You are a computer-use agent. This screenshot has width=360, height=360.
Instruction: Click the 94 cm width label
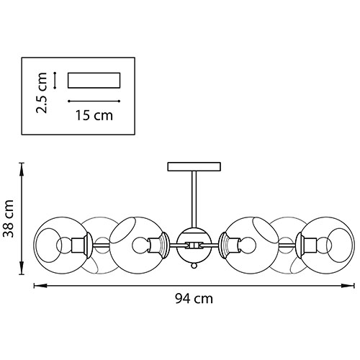point(194,299)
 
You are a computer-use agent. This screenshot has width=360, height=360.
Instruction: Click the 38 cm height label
point(9,218)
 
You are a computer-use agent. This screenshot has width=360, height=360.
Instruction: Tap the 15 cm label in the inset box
point(94,115)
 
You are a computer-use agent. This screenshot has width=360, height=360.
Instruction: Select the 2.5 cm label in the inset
point(41,93)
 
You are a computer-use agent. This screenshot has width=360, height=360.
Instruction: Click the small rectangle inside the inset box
point(94,81)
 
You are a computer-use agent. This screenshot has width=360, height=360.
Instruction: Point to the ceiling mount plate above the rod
point(194,166)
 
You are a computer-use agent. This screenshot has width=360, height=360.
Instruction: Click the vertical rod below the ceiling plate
point(194,199)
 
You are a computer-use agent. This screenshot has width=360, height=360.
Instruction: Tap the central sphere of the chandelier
point(194,246)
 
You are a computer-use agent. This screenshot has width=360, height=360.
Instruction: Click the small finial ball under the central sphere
point(194,266)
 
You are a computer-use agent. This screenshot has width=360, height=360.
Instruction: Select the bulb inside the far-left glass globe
point(64,246)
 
